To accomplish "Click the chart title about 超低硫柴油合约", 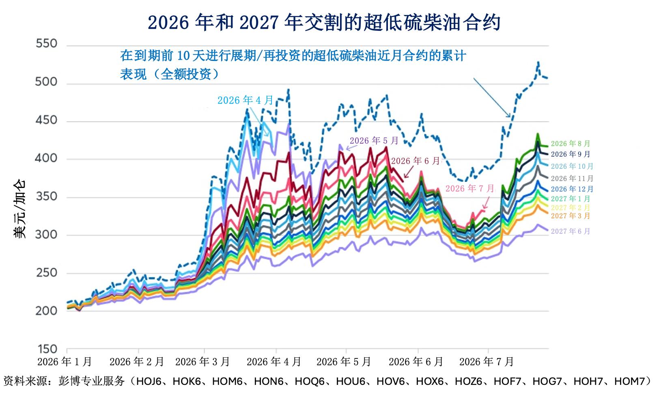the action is (324, 22).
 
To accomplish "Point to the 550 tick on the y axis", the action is (46, 43).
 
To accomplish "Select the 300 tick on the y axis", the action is (46, 235).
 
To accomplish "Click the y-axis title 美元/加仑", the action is (20, 209).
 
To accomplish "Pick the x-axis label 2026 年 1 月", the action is (65, 362).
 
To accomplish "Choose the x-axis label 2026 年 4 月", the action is (274, 362).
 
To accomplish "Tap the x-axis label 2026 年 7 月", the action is (487, 362).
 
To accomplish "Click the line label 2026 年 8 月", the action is (571, 143).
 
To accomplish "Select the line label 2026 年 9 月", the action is (571, 154).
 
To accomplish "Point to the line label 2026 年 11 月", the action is (572, 178).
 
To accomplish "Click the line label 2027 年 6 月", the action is (571, 231).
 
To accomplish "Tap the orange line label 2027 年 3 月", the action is (571, 216).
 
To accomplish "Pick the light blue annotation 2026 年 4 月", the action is (246, 100).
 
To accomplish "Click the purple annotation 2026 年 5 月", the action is (374, 140).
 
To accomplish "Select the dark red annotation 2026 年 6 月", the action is (416, 161).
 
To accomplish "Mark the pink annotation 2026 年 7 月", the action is (470, 188).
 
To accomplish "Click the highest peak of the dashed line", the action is (538, 62).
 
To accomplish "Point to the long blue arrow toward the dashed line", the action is (492, 98).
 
